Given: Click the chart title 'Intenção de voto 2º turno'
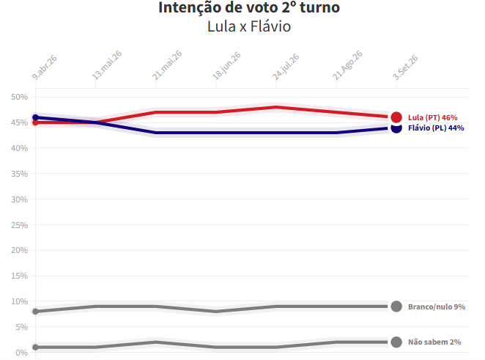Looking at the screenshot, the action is click(x=249, y=7).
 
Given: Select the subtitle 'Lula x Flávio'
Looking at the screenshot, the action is click(x=249, y=26).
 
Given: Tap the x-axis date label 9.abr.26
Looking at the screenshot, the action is click(x=45, y=67).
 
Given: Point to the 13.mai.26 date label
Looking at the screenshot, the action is click(x=108, y=65).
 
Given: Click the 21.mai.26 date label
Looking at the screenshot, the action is click(x=167, y=65).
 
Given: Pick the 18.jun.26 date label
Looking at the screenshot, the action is click(x=226, y=66).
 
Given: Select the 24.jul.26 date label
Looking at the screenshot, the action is click(x=286, y=67).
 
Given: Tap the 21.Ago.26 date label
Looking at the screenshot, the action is click(x=348, y=65).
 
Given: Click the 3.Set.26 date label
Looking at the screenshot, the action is click(x=405, y=67).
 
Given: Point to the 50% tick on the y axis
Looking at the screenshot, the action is click(x=19, y=97).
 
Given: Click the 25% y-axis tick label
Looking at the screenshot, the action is click(x=19, y=225).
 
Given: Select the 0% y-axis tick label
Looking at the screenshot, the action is click(x=21, y=353).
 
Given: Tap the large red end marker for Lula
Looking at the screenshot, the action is click(x=396, y=117).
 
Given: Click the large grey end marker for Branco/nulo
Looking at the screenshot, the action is click(x=396, y=306).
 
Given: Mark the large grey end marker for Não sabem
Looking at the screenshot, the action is click(x=396, y=342).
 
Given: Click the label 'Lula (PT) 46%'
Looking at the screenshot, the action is click(x=433, y=117).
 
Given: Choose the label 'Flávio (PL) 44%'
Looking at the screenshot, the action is click(x=436, y=128).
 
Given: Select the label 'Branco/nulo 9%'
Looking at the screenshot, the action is click(x=437, y=306).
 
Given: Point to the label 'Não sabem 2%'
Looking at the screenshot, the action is click(x=434, y=342).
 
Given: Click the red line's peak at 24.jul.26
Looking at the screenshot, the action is click(x=276, y=107).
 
